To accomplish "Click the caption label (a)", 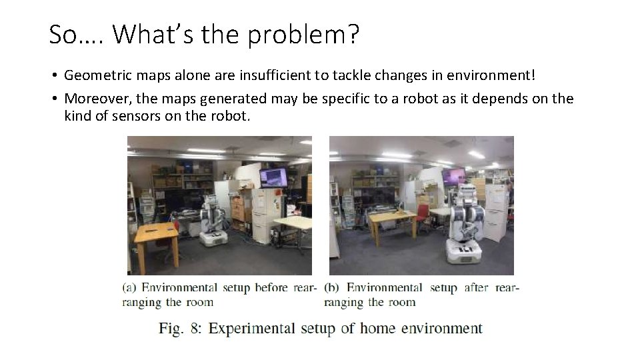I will (x=130, y=288).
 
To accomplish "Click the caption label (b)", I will (x=333, y=288).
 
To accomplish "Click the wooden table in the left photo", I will (x=157, y=233).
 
